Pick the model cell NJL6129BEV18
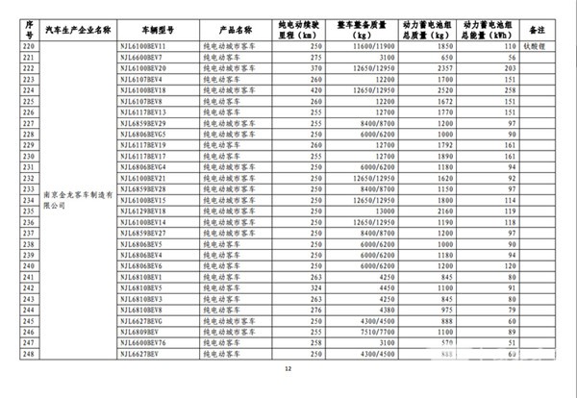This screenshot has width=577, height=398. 144,211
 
